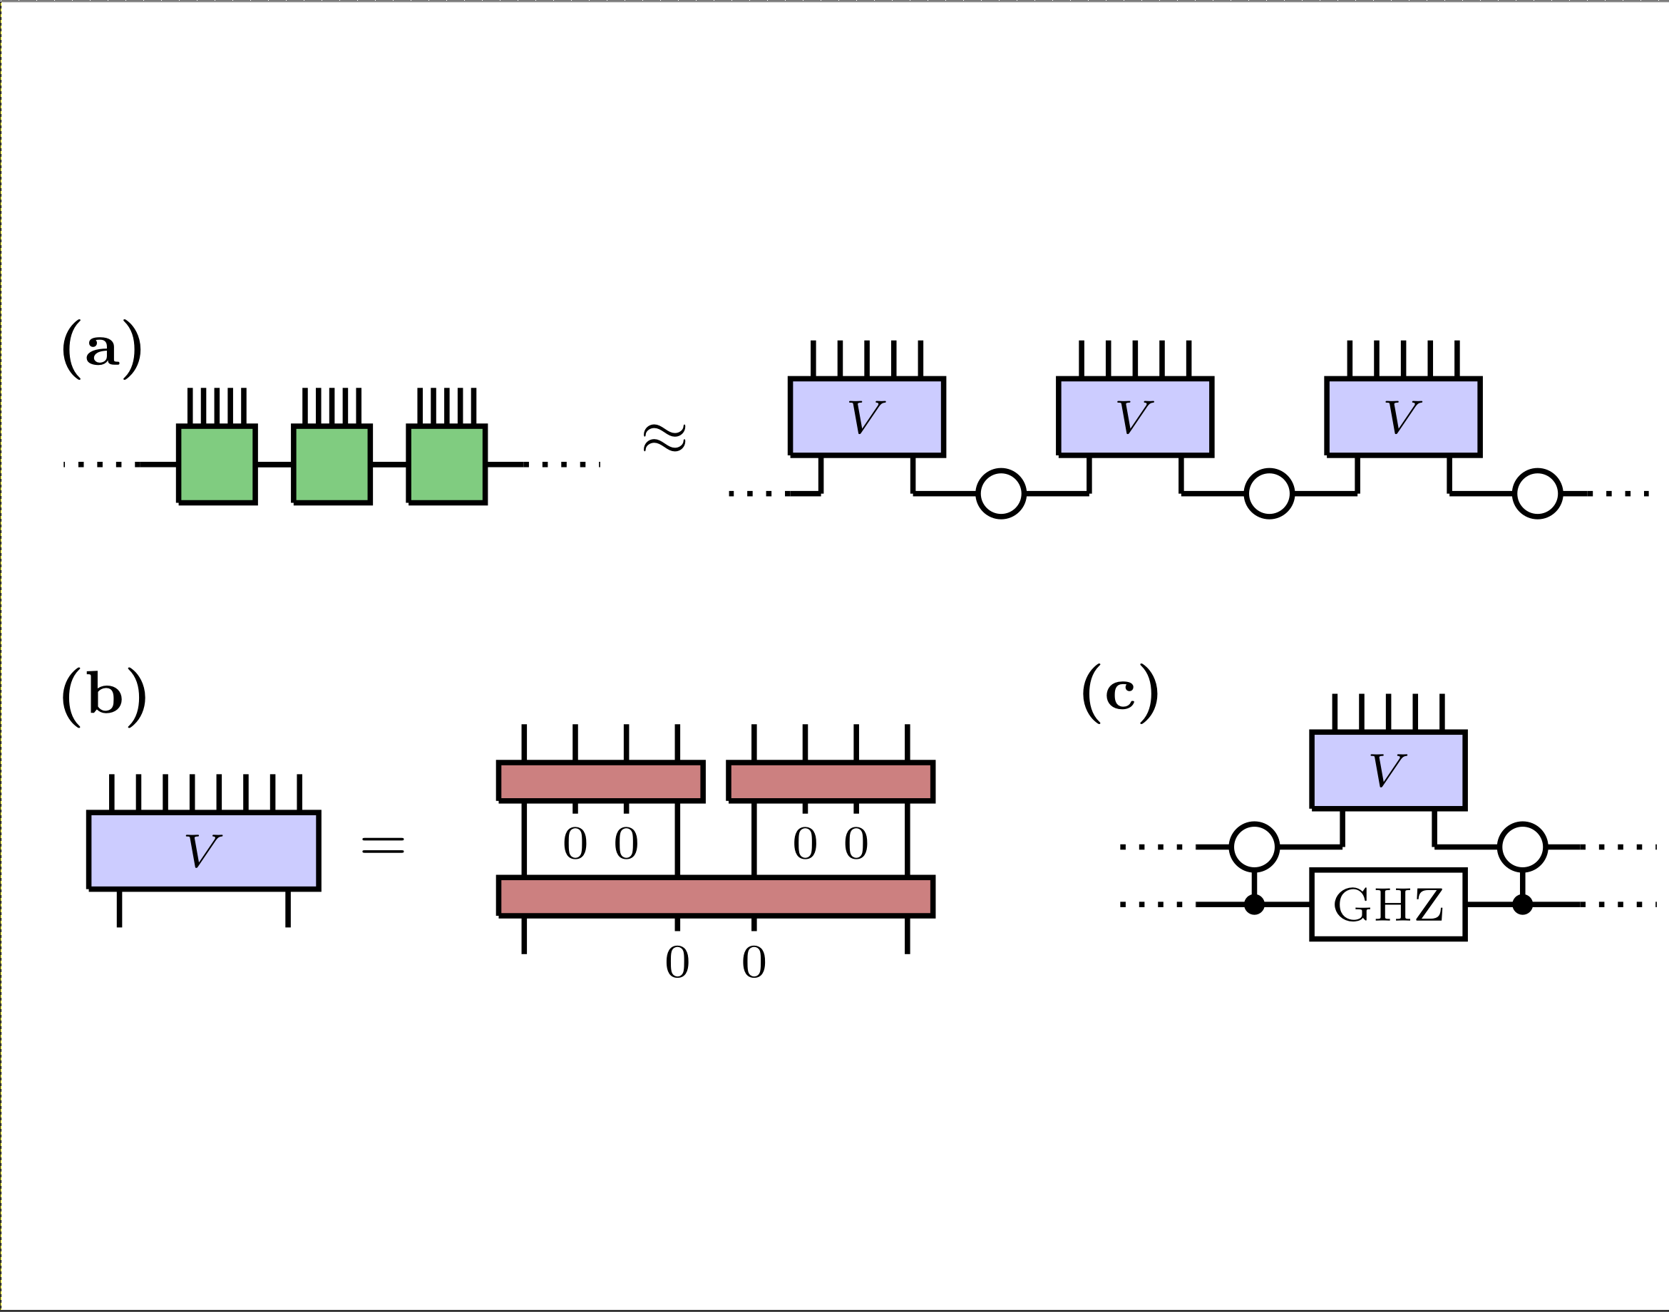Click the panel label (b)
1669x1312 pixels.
point(104,697)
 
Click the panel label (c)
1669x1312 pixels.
point(1119,693)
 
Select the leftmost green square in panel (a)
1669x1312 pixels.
point(217,465)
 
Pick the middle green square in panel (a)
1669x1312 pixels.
point(332,465)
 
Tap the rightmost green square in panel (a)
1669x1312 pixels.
point(446,465)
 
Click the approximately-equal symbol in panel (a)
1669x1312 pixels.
point(664,438)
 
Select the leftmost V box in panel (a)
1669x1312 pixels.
point(867,417)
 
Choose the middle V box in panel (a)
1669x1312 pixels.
point(1135,417)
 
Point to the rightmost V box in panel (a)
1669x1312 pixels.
point(1403,417)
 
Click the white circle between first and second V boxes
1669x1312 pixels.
point(1000,494)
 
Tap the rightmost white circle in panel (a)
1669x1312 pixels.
point(1537,494)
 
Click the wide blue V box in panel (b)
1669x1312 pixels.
point(204,851)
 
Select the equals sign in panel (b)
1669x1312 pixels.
point(383,846)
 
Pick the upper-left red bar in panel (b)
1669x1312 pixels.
point(601,782)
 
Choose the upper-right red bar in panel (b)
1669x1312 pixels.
point(831,782)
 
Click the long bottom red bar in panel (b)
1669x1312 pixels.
point(715,897)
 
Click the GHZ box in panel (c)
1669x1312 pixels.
point(1388,905)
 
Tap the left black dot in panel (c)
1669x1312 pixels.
point(1254,905)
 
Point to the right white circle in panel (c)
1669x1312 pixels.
point(1522,847)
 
